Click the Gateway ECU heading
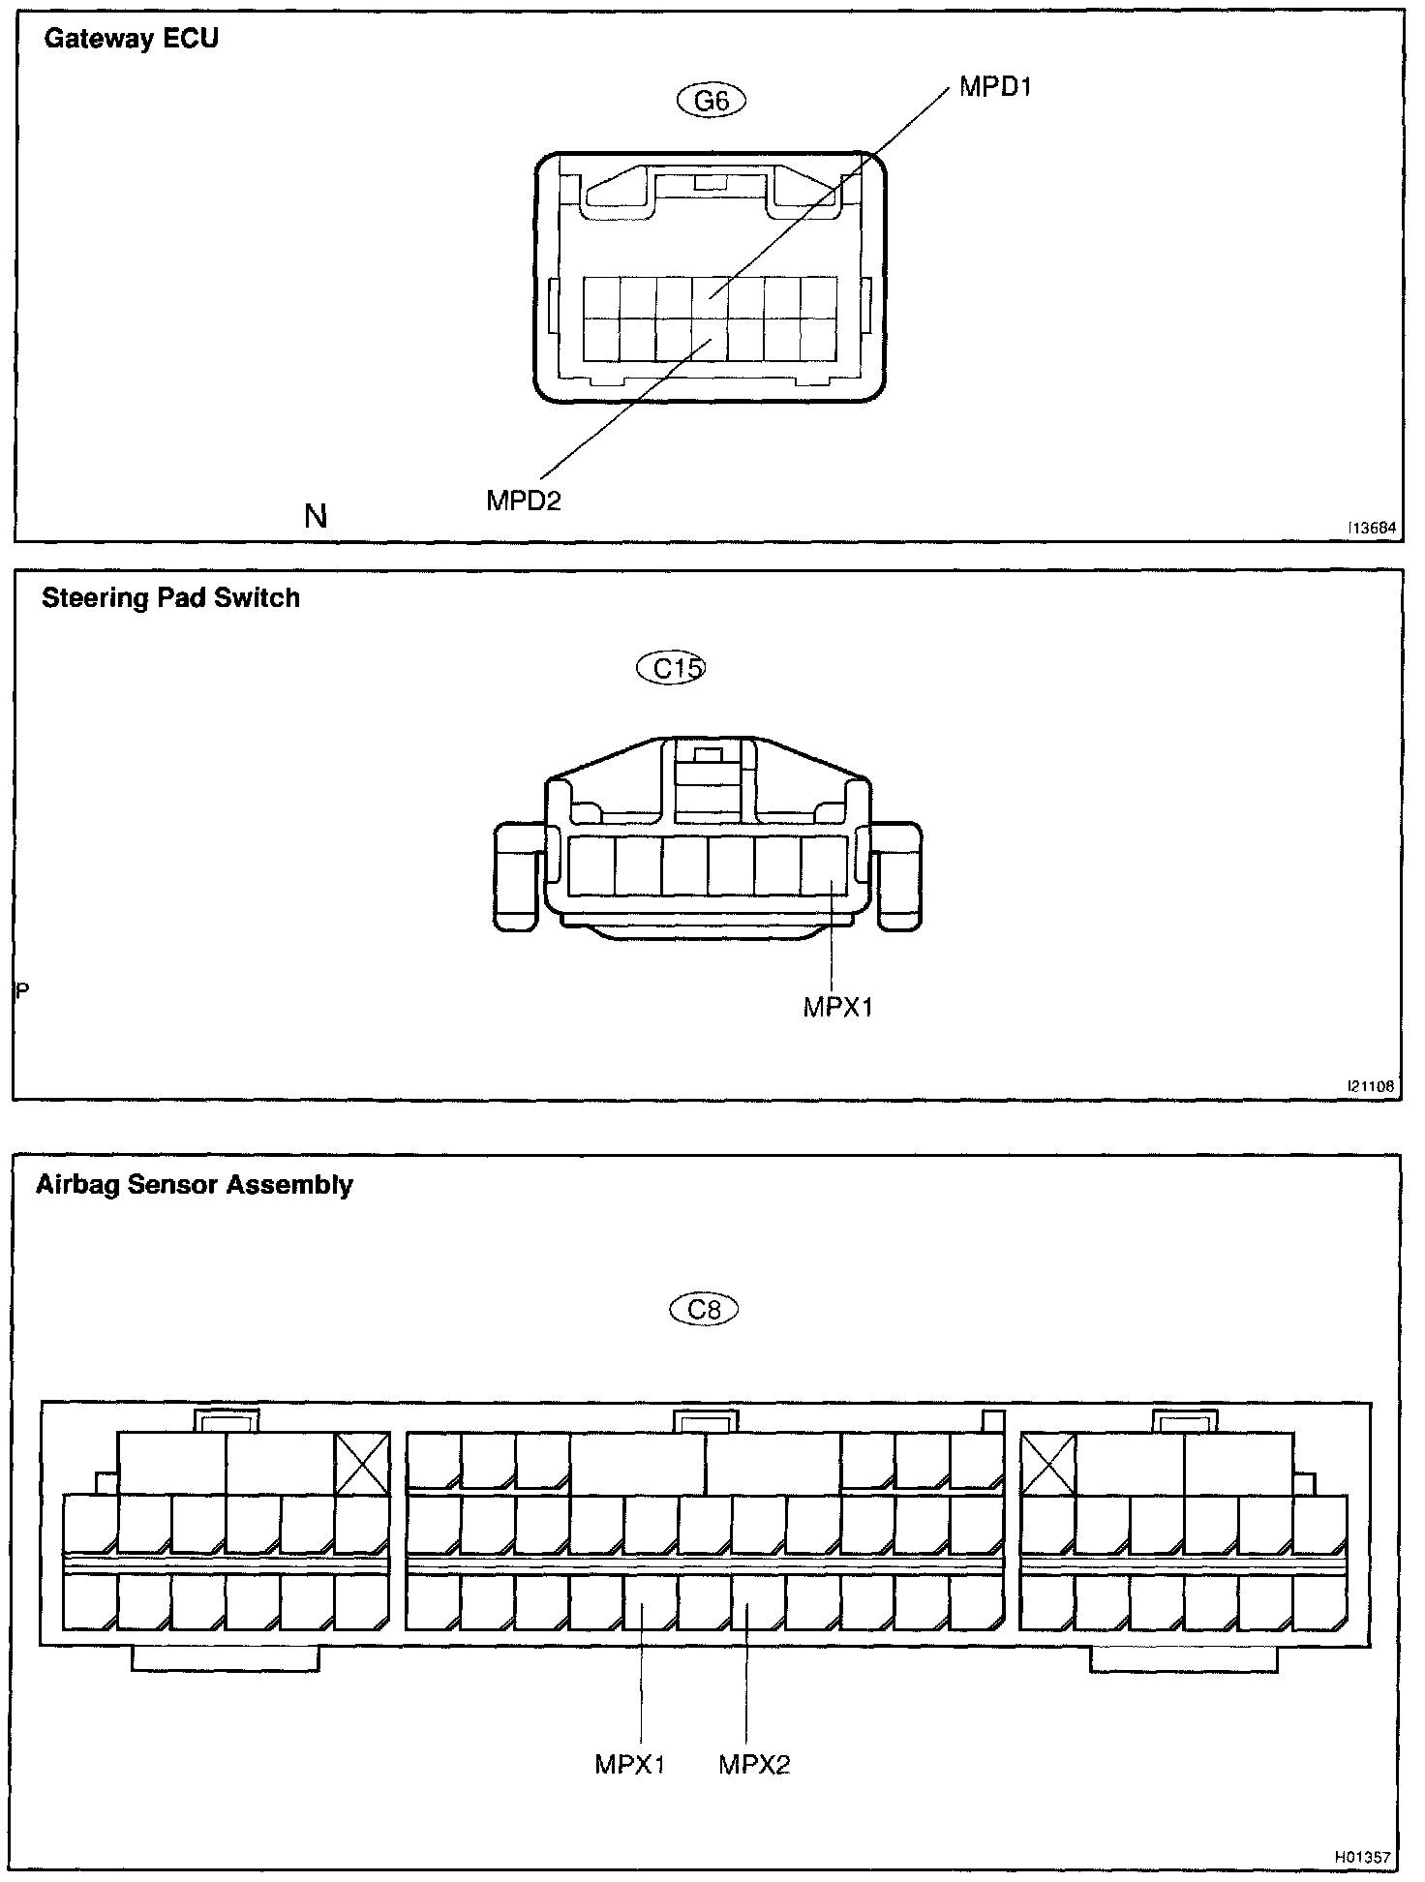point(132,40)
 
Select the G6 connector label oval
point(712,101)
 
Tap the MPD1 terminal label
point(995,87)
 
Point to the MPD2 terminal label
point(524,501)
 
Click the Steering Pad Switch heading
point(170,598)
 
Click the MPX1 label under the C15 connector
point(838,1008)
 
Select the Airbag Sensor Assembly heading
point(195,1185)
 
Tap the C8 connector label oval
point(704,1310)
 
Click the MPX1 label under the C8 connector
point(630,1765)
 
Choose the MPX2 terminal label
point(754,1765)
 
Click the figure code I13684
point(1372,529)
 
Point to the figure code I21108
point(1370,1087)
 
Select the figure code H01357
point(1362,1858)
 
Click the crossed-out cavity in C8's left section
point(362,1464)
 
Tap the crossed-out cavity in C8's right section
point(1048,1464)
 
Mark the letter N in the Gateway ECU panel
point(316,517)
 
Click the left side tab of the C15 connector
point(518,876)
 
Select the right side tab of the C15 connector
point(897,876)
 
